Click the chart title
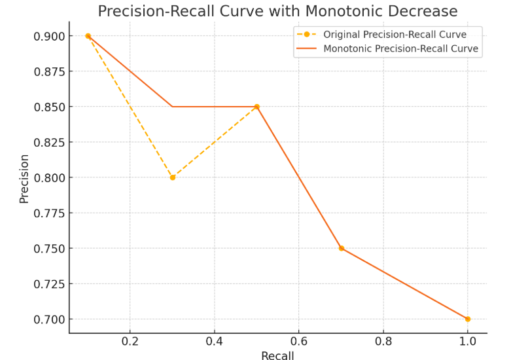[277, 11]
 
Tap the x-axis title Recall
[277, 355]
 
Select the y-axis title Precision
[24, 178]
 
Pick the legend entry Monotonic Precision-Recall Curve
[400, 49]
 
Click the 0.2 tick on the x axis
[130, 341]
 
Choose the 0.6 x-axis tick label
[299, 341]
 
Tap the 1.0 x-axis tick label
[467, 341]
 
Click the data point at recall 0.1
[88, 36]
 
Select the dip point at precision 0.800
[173, 177]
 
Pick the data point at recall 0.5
[256, 107]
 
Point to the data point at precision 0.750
[342, 248]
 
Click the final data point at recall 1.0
[468, 319]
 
